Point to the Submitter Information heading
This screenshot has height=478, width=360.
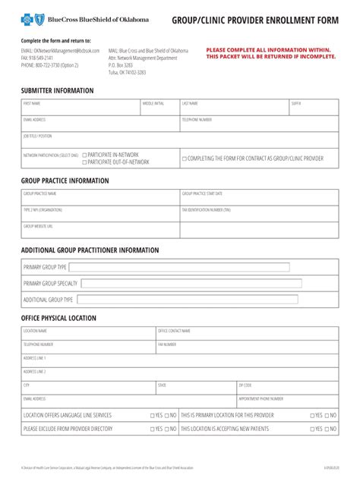pos(58,90)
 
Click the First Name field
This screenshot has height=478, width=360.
pos(80,108)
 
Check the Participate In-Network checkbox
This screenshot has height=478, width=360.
pos(84,154)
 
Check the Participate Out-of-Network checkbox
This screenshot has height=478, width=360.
pos(84,162)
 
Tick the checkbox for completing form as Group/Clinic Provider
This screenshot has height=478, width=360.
pos(184,159)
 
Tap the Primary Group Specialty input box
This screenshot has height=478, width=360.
pos(191,284)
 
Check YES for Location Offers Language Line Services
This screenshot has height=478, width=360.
pos(153,416)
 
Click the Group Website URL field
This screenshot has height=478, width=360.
pos(99,230)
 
